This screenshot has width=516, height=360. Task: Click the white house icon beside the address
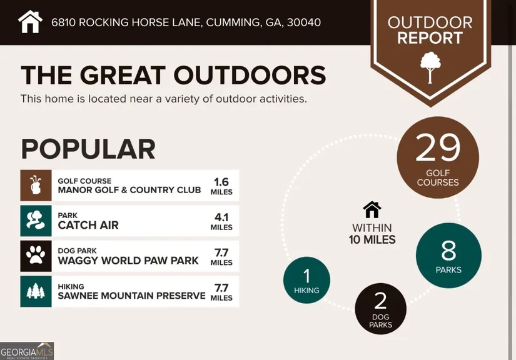coord(30,22)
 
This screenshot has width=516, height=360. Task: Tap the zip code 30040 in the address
coord(304,22)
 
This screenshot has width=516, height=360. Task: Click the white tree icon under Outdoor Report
coord(430,67)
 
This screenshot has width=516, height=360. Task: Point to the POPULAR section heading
coord(88,149)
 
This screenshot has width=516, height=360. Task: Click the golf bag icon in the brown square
coord(36,185)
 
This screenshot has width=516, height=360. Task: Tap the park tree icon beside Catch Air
coord(36,221)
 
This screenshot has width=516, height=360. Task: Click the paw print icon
coord(36,256)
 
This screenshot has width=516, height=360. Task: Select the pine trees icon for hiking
coord(36,291)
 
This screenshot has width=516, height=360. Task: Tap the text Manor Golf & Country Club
coord(129,190)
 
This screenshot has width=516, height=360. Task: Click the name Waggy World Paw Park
coord(128,261)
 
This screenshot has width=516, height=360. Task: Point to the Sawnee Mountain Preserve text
coord(131,296)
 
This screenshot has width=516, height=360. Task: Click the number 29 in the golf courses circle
coord(438,147)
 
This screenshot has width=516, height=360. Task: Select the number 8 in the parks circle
coord(448,251)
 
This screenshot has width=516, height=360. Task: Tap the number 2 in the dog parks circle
coord(380,301)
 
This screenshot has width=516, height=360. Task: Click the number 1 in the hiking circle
coord(306,276)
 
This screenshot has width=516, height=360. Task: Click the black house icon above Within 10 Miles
coord(372,209)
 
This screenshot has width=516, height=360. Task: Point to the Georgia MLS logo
coord(27,351)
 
